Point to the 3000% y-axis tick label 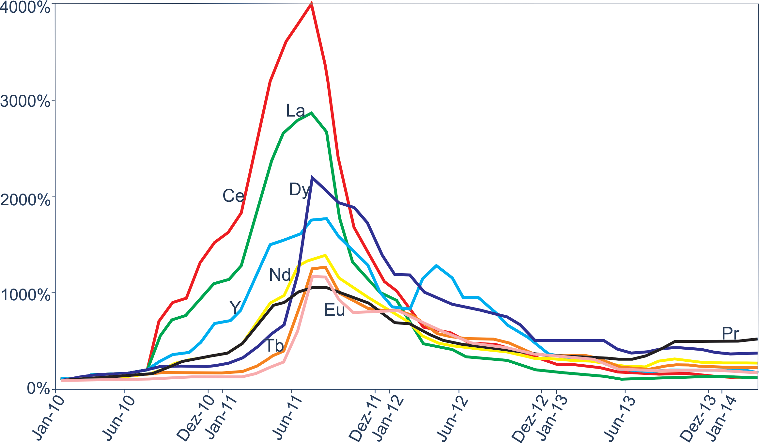click(25, 102)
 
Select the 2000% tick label click(25, 199)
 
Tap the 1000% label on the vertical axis click(25, 295)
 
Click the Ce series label click(233, 196)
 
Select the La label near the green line click(295, 111)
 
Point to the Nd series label click(280, 275)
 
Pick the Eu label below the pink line click(334, 310)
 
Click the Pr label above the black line click(730, 334)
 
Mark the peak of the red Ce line click(312, 4)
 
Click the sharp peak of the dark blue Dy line click(312, 178)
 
